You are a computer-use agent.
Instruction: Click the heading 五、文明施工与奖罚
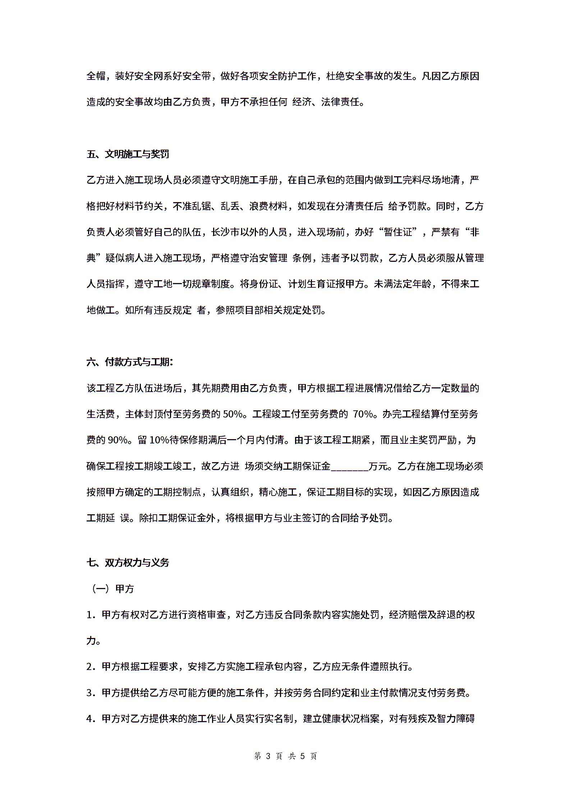(x=128, y=154)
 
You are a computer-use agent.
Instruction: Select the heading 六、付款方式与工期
(x=130, y=362)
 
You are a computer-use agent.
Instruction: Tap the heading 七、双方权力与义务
(x=128, y=563)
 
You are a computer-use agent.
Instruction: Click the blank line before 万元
(x=349, y=466)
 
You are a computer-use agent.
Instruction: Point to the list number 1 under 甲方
(x=90, y=615)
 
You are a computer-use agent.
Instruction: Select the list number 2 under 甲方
(x=90, y=666)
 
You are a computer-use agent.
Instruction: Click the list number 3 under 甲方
(x=90, y=692)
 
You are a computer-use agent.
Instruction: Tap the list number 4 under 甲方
(x=90, y=719)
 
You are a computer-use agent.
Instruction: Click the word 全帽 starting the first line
(x=96, y=76)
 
